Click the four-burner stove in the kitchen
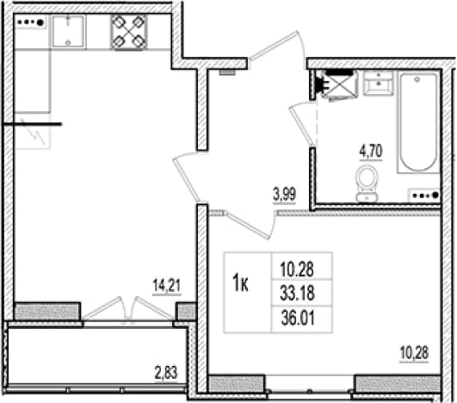click(128, 32)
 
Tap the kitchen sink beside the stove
click(69, 31)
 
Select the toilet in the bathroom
click(367, 183)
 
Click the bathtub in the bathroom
click(418, 122)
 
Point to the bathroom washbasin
click(378, 84)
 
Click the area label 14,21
click(167, 286)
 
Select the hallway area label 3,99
click(285, 195)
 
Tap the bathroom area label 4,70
click(371, 152)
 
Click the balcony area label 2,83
click(166, 374)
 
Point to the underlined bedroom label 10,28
click(414, 353)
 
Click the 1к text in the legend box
click(240, 284)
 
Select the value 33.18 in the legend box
click(297, 293)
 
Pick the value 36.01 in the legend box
click(298, 318)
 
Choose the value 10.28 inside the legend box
click(297, 270)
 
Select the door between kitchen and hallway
click(187, 179)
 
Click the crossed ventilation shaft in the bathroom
click(340, 85)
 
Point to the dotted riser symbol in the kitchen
click(31, 22)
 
